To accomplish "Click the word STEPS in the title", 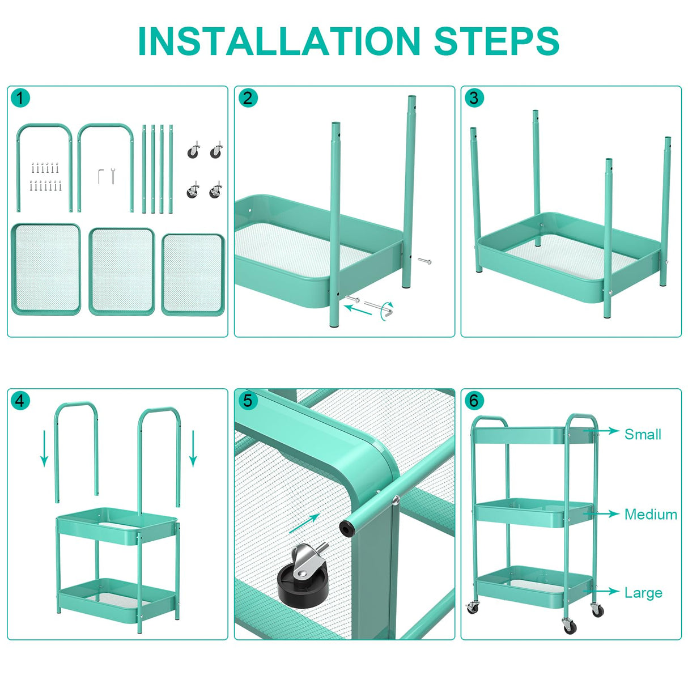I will pos(496,41).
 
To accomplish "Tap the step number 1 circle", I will pos(20,98).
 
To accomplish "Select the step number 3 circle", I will pos(474,98).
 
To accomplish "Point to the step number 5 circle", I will pos(247,401).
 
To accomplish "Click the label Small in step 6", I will pos(643,435).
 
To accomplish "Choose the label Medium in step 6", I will pos(651,515).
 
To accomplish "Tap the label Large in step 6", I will pos(643,593).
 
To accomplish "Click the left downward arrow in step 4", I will pos(44,448).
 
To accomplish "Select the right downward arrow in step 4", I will pos(193,448).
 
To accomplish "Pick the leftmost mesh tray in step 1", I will pos(46,269).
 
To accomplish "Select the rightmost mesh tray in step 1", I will pos(193,274).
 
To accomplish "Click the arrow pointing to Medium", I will pos(605,514).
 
